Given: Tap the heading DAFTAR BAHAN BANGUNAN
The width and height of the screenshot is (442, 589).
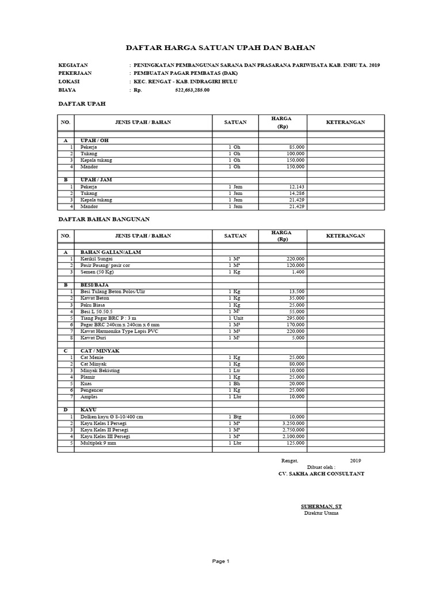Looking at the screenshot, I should pos(105,219).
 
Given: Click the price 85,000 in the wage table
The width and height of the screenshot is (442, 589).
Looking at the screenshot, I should pos(295,147).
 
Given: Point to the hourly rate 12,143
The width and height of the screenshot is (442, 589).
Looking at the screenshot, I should pos(295,187).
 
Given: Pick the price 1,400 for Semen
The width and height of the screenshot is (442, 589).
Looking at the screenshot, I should pos(298,272).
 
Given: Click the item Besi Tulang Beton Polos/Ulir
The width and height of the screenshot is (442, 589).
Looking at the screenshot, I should pos(113,292).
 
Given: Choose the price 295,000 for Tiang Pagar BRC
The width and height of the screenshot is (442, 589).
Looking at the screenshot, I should pos(294,318).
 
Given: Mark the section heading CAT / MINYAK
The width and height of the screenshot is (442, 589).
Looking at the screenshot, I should pos(100,351).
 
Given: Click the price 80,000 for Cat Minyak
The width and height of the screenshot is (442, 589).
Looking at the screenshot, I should pos(295,364).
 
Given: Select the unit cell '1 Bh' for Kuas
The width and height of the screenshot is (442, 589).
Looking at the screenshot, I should pos(234,384).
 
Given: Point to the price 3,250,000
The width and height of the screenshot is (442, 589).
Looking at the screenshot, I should pos(292,423).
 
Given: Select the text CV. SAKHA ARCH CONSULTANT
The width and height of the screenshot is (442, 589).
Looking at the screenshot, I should pos(321,474).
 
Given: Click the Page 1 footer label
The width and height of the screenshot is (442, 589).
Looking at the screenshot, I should pos(220,561).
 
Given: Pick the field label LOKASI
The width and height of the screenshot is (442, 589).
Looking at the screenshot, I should pos(69,82).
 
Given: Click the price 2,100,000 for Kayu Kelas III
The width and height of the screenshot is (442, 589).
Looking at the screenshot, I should pos(292,437).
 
